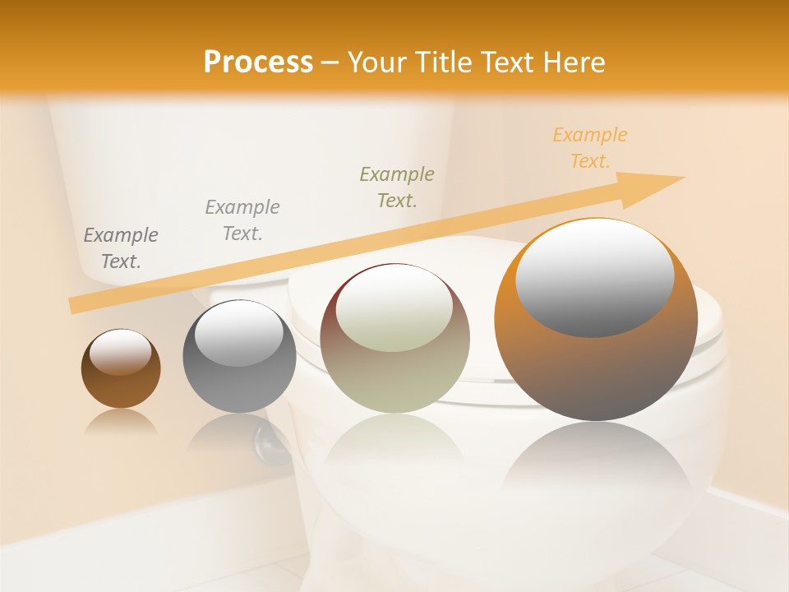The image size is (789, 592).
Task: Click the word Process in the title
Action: [258, 62]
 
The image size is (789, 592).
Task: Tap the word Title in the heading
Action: [444, 62]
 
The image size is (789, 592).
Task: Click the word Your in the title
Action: [378, 62]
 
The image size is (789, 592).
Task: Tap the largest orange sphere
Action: [595, 370]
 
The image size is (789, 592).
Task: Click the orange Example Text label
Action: [589, 148]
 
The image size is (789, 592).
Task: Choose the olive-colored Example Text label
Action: [397, 187]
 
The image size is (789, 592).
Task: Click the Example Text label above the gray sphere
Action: [242, 220]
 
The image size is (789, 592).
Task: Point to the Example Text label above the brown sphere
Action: [121, 248]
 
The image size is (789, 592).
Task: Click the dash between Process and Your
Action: [330, 63]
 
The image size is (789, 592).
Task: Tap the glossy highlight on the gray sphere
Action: [239, 333]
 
